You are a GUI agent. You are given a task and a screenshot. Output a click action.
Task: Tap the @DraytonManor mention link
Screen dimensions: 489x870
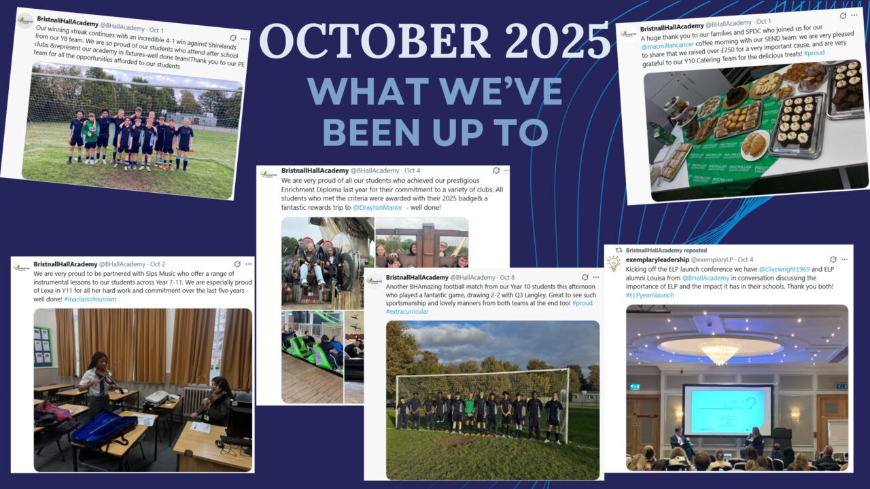point(377,207)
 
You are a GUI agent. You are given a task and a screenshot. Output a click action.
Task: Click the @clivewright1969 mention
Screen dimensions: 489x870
point(785,269)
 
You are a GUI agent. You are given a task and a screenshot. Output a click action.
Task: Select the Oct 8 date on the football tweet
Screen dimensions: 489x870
point(508,278)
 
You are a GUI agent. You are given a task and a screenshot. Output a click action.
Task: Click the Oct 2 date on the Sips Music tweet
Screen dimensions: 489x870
point(158,264)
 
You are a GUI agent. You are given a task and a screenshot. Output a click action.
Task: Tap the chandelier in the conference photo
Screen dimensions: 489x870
point(719,350)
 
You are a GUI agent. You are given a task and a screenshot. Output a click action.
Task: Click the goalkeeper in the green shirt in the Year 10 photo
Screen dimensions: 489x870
point(469,413)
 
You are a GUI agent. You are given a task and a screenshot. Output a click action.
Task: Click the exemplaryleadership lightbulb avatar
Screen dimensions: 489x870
point(614,264)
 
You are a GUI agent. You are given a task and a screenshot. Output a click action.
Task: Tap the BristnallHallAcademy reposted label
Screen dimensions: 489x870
point(666,250)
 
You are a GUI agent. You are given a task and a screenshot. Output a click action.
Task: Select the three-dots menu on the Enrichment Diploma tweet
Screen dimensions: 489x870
point(506,171)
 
